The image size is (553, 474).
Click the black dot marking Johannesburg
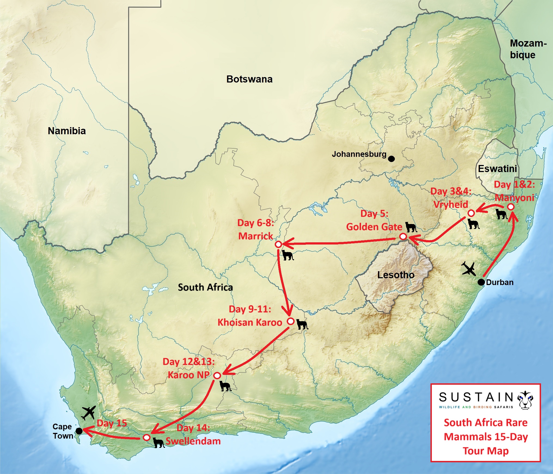pyautogui.click(x=391, y=159)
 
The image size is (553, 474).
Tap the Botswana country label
pyautogui.click(x=249, y=79)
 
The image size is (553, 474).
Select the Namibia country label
pyautogui.click(x=67, y=131)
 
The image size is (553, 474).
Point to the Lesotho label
pyautogui.click(x=396, y=275)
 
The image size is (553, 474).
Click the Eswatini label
pyautogui.click(x=497, y=169)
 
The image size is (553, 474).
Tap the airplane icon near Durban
pyautogui.click(x=469, y=268)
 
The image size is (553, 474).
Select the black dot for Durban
pyautogui.click(x=481, y=282)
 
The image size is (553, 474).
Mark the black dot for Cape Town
pyautogui.click(x=79, y=431)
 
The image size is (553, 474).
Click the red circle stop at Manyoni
pyautogui.click(x=511, y=207)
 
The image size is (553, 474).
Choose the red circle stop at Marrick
pyautogui.click(x=278, y=244)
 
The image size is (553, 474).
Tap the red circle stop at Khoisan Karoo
pyautogui.click(x=291, y=321)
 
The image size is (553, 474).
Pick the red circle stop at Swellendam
pyautogui.click(x=146, y=438)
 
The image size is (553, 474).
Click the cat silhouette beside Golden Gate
pyautogui.click(x=411, y=227)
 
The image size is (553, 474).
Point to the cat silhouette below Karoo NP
pyautogui.click(x=225, y=386)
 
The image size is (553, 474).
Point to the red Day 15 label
pyautogui.click(x=112, y=423)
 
